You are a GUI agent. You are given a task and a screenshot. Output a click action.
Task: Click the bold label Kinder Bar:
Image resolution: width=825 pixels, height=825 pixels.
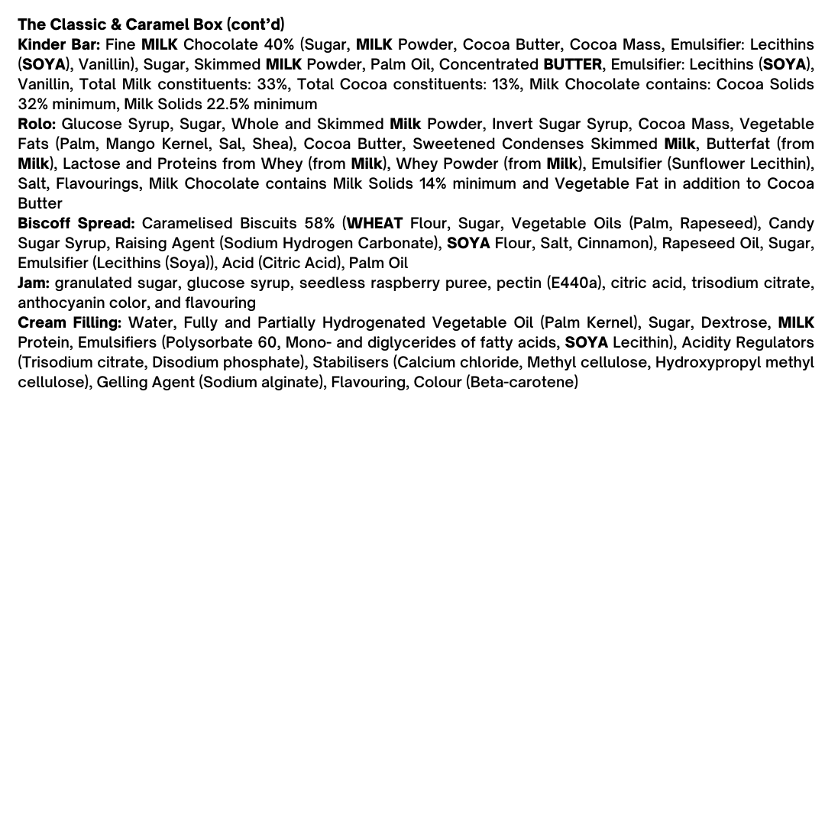click(x=59, y=44)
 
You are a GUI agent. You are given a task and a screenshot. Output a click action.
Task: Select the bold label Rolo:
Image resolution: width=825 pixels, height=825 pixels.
click(x=37, y=124)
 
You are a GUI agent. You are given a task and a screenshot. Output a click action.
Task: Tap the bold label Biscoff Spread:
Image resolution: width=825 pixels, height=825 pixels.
click(x=76, y=223)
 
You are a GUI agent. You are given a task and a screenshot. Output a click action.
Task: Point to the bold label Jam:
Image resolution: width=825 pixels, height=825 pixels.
click(x=34, y=283)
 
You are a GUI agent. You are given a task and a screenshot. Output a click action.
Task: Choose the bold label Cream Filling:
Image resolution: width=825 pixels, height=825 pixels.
click(x=70, y=322)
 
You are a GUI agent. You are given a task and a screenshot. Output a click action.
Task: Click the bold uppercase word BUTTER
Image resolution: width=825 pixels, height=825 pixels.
click(x=572, y=64)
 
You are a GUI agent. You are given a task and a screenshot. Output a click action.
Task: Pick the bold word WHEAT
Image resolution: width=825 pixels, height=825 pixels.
click(x=375, y=223)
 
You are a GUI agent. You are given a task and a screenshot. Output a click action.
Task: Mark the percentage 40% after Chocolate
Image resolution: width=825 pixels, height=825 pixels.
click(x=279, y=44)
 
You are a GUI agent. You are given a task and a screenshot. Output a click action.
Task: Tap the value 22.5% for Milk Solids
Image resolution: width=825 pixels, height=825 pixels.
click(x=228, y=104)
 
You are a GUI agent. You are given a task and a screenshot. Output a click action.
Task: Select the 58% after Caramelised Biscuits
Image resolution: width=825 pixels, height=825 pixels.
click(x=319, y=223)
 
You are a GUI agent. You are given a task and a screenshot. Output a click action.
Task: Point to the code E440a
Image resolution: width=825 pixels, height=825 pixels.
click(x=576, y=283)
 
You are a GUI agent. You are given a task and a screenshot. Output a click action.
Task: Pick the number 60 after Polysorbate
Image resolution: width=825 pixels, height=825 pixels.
click(x=262, y=342)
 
